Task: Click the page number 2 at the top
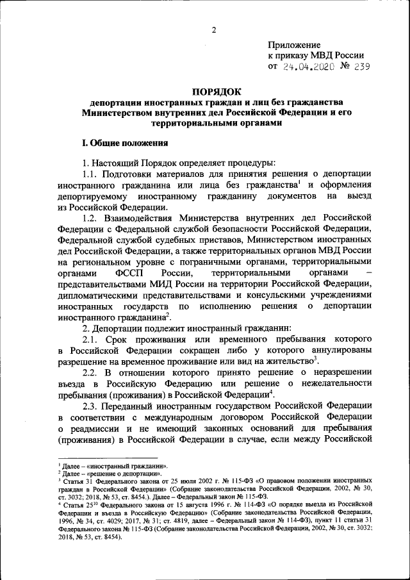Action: tap(215, 29)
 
